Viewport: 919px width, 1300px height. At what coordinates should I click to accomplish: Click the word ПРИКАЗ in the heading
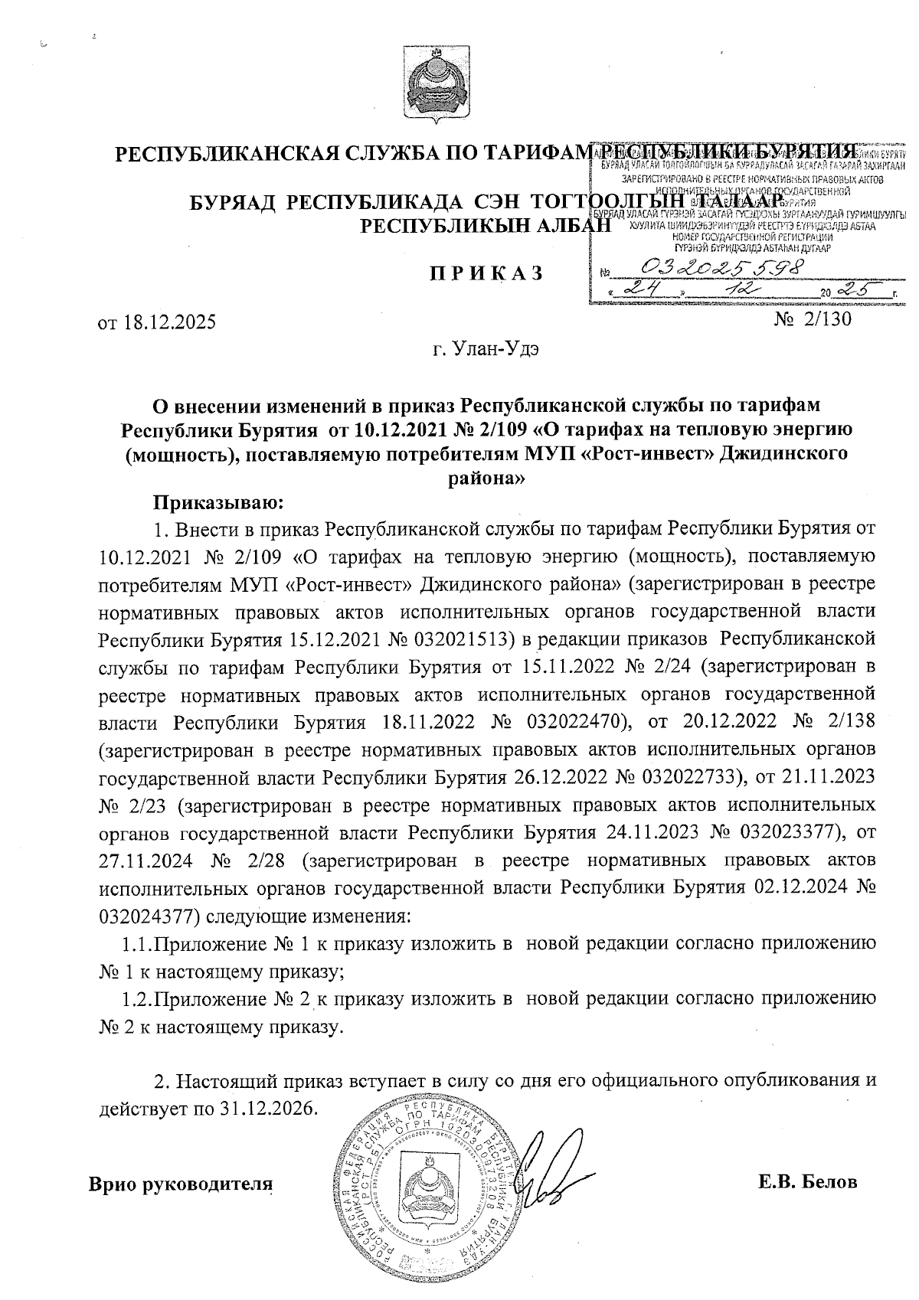coord(485,273)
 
